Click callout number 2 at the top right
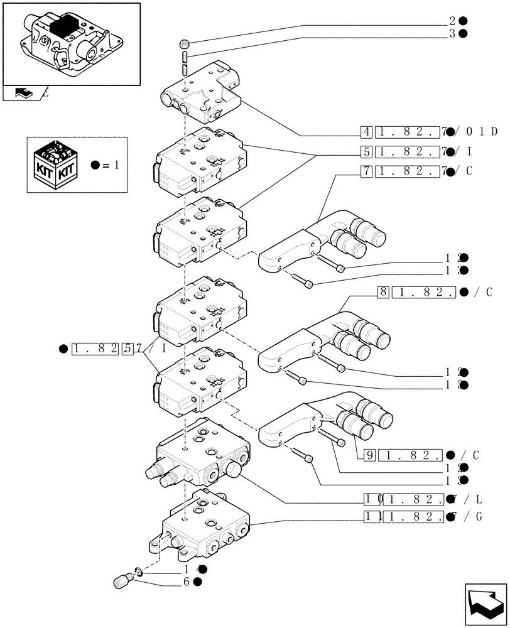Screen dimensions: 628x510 point(452,21)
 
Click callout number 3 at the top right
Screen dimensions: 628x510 point(452,34)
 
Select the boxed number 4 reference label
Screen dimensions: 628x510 point(366,132)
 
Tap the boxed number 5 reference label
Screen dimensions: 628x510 point(366,151)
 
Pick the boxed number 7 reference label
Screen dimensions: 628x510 point(366,171)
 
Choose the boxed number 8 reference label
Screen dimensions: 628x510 point(382,292)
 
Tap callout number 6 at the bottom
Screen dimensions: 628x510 point(187,582)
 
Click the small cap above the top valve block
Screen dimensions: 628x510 point(183,44)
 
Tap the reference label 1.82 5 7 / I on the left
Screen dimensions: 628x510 point(113,349)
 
